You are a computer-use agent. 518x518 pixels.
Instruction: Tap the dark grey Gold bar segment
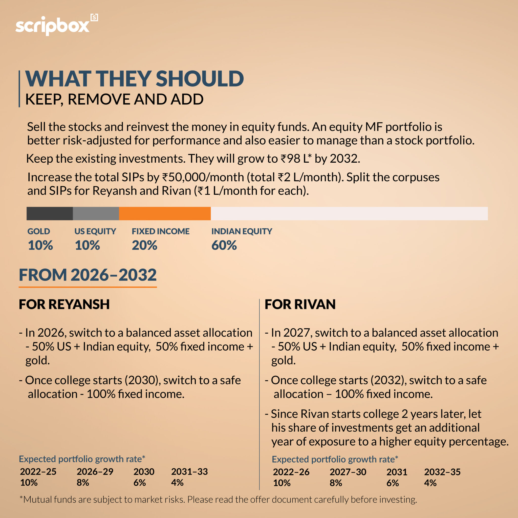tap(50, 213)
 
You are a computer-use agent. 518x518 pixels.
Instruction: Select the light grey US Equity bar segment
tap(96, 213)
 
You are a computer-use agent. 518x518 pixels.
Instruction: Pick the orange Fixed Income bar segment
tap(165, 213)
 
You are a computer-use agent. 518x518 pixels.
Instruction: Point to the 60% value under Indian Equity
tap(224, 245)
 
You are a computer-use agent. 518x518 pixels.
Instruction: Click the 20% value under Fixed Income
tap(144, 245)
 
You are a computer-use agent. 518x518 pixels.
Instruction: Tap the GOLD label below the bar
tap(39, 231)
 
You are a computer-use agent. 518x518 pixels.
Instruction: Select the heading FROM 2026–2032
tap(88, 275)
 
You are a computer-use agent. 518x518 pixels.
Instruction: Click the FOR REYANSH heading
tap(64, 304)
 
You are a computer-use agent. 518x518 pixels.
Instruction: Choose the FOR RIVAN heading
tap(300, 304)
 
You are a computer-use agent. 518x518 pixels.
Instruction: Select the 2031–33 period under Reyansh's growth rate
tap(189, 472)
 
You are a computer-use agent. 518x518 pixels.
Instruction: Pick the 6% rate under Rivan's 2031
tap(392, 483)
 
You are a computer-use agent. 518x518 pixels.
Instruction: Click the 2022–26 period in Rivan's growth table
tap(291, 472)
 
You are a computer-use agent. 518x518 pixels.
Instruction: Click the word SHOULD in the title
tap(200, 79)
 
